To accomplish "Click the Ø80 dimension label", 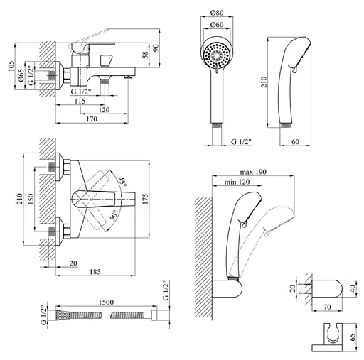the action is tap(217, 13).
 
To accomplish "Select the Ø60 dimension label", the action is tap(217, 24).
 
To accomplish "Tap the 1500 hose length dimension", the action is tap(106, 302).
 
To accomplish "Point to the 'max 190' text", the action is tap(253, 172).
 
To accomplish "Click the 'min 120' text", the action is tap(237, 182).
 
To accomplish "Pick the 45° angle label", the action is tap(123, 181).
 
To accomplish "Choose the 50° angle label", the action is tap(114, 215).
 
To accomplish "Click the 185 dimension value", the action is tap(95, 272).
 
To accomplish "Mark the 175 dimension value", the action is tap(145, 199).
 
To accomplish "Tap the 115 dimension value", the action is tap(80, 101).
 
